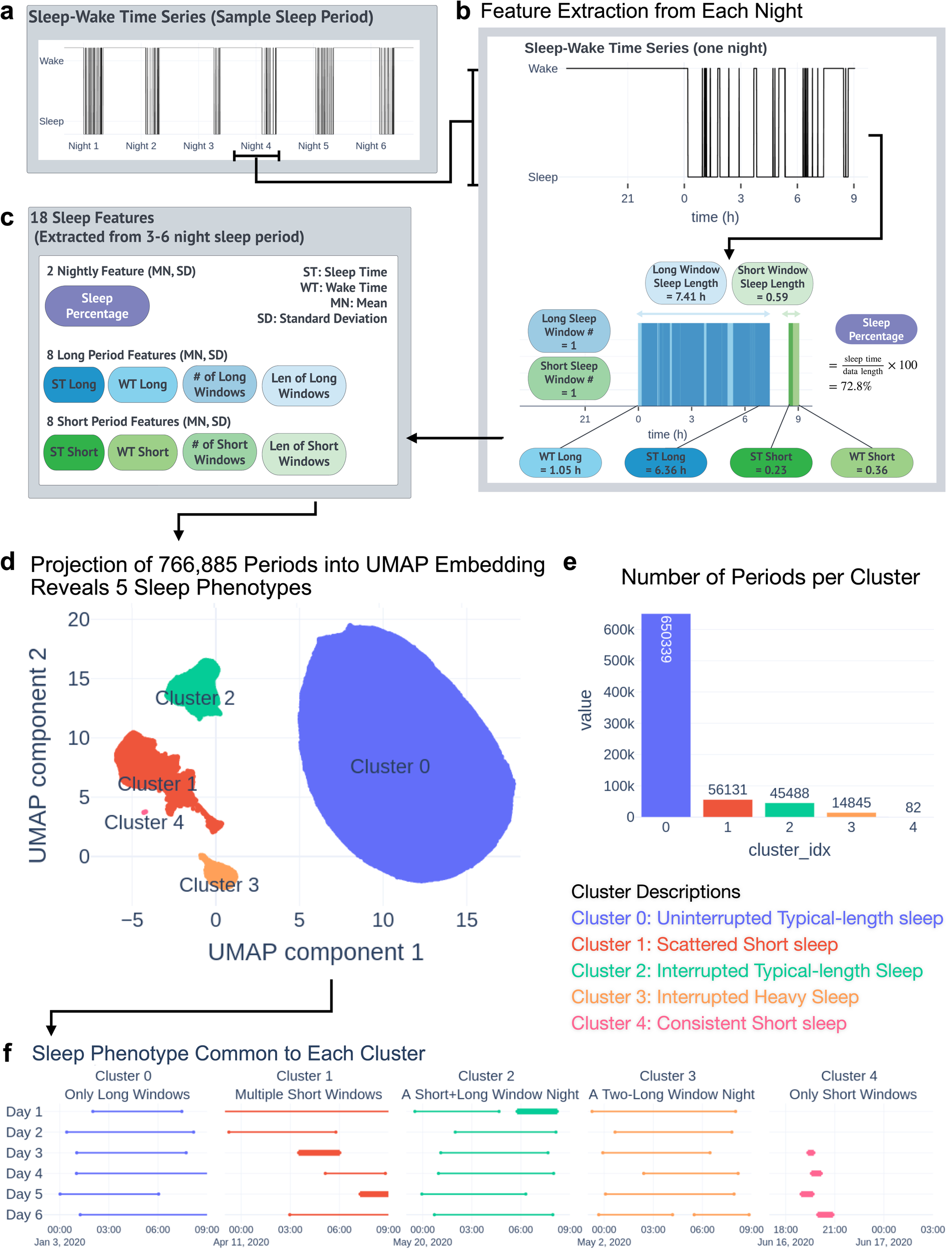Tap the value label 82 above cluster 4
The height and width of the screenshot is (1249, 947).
pos(913,807)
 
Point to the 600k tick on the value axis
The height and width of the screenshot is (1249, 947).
pos(619,629)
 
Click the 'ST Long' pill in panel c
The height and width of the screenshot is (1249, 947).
pos(73,385)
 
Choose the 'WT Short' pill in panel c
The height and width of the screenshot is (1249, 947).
pos(142,452)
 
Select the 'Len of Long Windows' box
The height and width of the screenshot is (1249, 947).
pos(304,386)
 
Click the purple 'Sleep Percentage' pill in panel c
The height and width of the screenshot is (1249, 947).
pos(97,306)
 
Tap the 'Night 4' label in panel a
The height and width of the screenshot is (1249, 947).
pos(256,146)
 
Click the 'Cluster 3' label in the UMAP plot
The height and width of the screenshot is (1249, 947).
pos(219,884)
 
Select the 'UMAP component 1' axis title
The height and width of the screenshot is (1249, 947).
pos(316,952)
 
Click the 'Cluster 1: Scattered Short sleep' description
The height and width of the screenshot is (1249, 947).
pos(704,944)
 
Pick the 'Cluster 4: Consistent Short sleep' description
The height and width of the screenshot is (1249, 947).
pos(708,1023)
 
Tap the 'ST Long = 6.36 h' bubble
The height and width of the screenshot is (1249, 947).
pos(665,463)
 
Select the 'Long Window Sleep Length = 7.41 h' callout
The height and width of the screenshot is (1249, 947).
pos(686,283)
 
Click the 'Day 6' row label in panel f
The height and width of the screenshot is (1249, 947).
pos(24,1215)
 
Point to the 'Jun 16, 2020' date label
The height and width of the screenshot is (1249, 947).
pos(785,1242)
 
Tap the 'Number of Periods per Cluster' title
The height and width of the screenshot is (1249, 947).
pos(770,577)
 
